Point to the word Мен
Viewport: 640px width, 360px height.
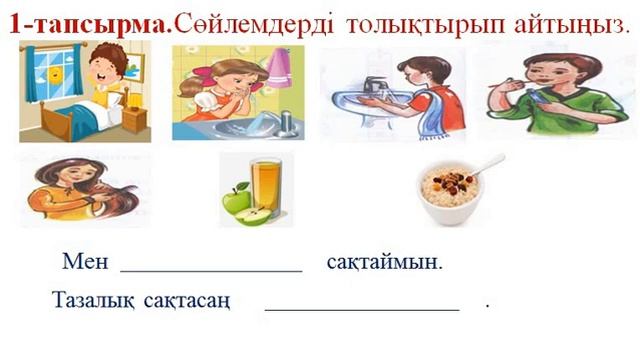coord(84,263)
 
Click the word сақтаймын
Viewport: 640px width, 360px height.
coord(384,263)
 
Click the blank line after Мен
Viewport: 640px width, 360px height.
coord(211,269)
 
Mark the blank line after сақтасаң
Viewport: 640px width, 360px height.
coord(361,307)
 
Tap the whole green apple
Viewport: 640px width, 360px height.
coord(236,200)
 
